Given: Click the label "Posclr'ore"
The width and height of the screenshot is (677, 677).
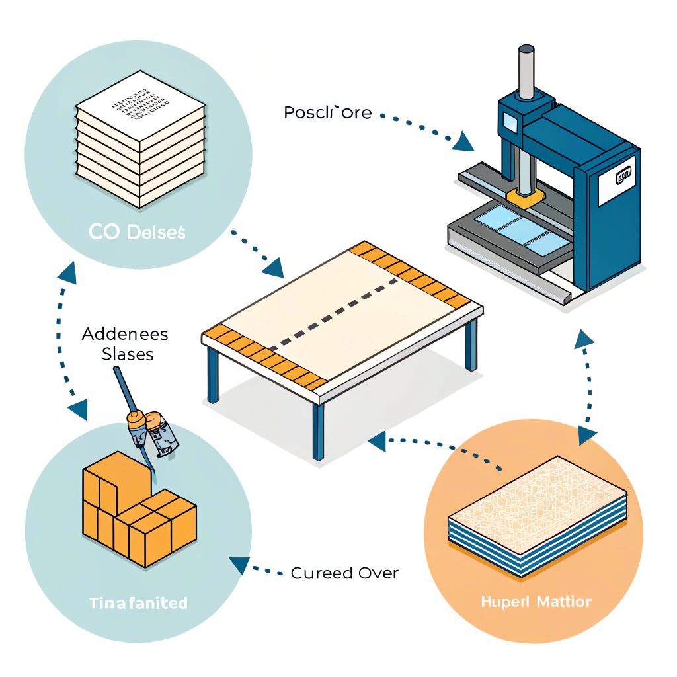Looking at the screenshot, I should coord(328,113).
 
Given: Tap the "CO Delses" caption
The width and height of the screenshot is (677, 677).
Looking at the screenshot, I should coord(138,233).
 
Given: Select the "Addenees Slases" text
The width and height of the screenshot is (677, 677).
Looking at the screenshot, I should coord(125,344).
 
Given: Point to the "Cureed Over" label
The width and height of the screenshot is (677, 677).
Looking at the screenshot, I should coord(344,573).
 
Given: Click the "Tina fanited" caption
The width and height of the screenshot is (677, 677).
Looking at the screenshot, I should coord(138,603).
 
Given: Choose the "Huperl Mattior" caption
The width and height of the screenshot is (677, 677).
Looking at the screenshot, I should coord(536,602).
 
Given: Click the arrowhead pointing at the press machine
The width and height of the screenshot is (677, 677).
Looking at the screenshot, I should coord(464,140).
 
